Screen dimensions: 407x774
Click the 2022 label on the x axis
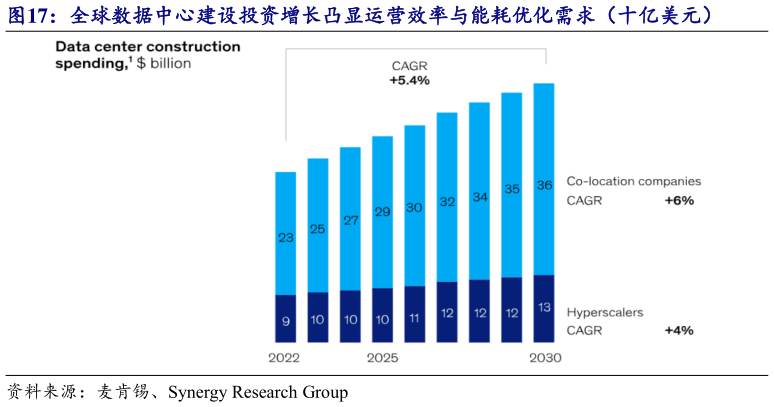click(286, 357)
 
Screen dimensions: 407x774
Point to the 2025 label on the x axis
click(383, 357)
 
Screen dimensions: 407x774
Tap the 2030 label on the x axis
click(544, 357)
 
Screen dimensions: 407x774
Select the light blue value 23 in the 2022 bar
click(286, 238)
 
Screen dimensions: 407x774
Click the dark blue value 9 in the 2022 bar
click(286, 321)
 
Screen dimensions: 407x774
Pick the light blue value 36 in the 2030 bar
click(544, 184)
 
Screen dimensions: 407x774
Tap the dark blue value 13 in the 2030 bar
click(544, 306)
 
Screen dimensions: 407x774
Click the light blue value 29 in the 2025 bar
click(383, 212)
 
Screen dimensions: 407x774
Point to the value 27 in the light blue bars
click(351, 220)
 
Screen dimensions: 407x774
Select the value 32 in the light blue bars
click(447, 202)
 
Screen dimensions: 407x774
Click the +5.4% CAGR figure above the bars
click(409, 79)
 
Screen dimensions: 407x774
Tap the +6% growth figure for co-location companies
click(679, 200)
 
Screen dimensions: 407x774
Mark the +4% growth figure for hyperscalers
click(679, 330)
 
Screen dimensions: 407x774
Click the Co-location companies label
click(633, 182)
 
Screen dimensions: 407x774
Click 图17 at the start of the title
click(29, 14)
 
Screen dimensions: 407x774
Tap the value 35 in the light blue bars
click(512, 189)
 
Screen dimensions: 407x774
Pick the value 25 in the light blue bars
click(318, 229)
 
